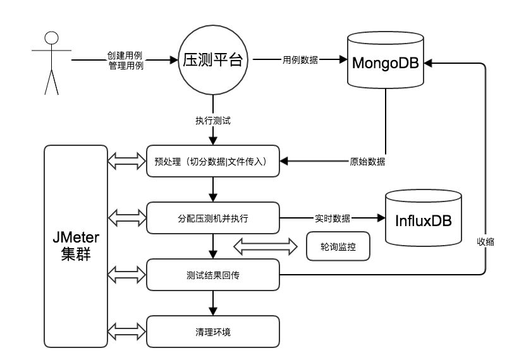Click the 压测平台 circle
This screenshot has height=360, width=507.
pos(212,61)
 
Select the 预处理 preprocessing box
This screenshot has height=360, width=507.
pos(213,162)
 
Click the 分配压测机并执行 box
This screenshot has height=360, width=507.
pos(213,219)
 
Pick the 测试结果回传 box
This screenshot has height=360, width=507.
pos(213,275)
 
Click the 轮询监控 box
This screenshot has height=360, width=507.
pos(337,246)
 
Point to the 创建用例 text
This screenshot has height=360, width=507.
pos(126,56)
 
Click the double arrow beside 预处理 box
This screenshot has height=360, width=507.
pos(127,162)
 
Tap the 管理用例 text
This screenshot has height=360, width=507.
pos(126,65)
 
